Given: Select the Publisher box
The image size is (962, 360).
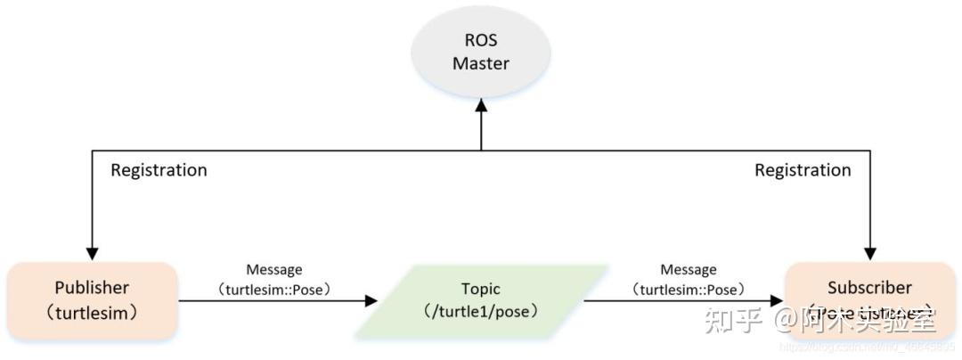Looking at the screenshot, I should coord(92,300).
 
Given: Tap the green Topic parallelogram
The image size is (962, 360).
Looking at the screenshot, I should coord(481,301).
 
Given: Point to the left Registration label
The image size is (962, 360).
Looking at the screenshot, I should coord(159,170).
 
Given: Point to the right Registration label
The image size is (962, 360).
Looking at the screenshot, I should coord(803,170).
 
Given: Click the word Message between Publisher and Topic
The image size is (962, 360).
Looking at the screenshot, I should coord(273,269).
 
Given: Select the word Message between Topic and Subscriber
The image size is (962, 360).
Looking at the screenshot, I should coord(688,269).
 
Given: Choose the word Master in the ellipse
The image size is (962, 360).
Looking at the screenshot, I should coord(481,64).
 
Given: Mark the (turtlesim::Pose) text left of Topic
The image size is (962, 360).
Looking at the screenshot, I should coord(273,289).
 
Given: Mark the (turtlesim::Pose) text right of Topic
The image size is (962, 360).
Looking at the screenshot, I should coord(688,289).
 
